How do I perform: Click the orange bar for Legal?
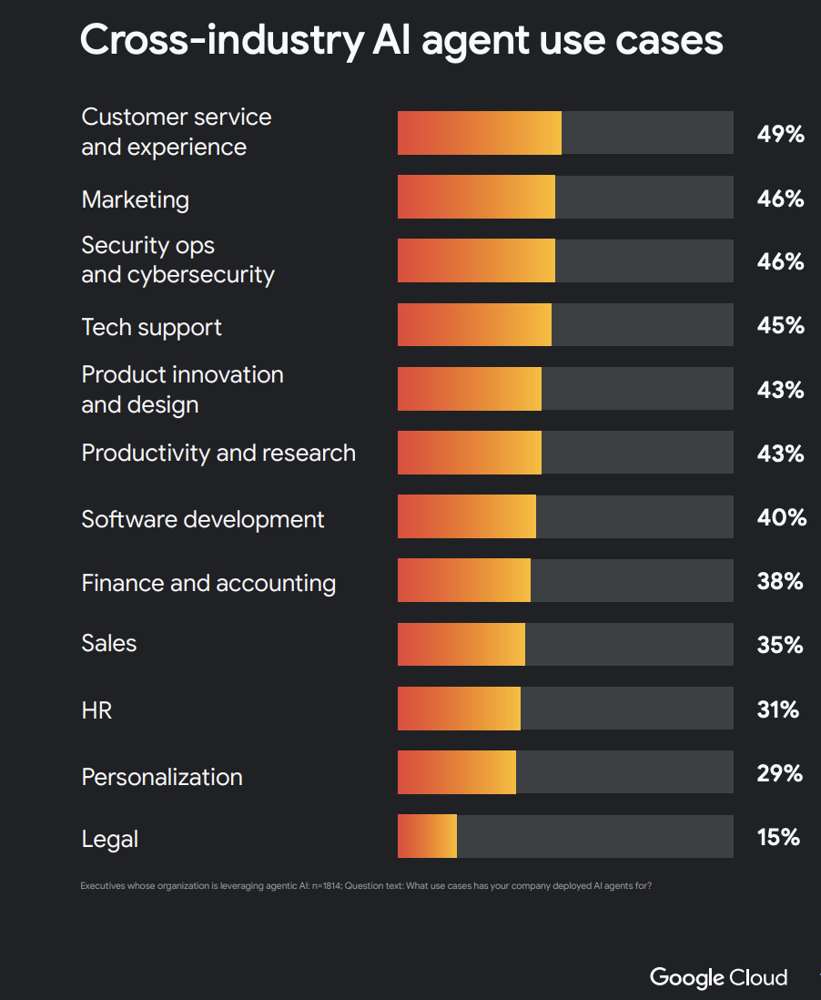pos(427,836)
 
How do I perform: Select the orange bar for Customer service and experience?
pos(479,133)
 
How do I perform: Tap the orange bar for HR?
pos(459,709)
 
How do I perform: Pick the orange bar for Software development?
pos(466,517)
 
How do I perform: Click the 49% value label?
pos(780,134)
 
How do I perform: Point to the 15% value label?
pos(778,837)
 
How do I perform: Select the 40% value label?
pos(781,517)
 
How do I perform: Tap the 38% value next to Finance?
pos(780,581)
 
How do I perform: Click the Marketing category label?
pos(136,199)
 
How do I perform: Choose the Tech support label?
pos(151,327)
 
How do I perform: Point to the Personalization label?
pos(162,777)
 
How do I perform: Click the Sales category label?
pos(109,643)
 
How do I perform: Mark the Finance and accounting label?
pos(208,583)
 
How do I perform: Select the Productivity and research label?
pos(218,453)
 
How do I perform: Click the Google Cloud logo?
pos(718,977)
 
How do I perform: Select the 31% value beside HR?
pos(777,709)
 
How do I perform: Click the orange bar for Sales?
pos(461,645)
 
